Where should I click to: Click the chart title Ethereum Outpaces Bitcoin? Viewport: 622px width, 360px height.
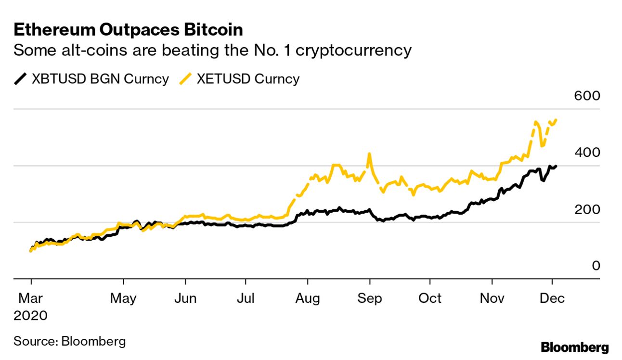click(128, 30)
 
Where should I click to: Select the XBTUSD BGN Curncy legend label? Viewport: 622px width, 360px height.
click(100, 79)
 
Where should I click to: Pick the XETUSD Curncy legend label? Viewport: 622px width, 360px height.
click(248, 79)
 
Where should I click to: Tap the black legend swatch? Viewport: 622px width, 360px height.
click(21, 79)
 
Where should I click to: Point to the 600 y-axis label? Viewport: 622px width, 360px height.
click(587, 96)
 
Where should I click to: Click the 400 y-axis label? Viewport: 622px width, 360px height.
click(587, 153)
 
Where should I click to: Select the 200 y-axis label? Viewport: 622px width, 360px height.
click(587, 209)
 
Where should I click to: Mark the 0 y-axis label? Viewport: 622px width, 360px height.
click(596, 266)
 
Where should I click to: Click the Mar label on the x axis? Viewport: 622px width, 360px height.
click(31, 298)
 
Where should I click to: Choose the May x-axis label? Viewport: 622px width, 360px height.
click(123, 298)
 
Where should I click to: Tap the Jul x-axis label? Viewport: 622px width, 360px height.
click(246, 298)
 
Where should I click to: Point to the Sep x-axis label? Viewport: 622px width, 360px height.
click(369, 298)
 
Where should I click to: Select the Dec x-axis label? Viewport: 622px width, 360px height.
click(552, 298)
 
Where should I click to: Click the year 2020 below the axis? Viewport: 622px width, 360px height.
click(31, 316)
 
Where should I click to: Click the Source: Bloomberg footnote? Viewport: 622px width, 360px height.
click(70, 342)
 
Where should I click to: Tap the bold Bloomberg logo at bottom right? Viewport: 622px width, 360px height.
click(575, 347)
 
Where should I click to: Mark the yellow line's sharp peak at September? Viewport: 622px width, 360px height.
click(369, 154)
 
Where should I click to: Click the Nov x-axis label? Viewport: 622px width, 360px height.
click(492, 298)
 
